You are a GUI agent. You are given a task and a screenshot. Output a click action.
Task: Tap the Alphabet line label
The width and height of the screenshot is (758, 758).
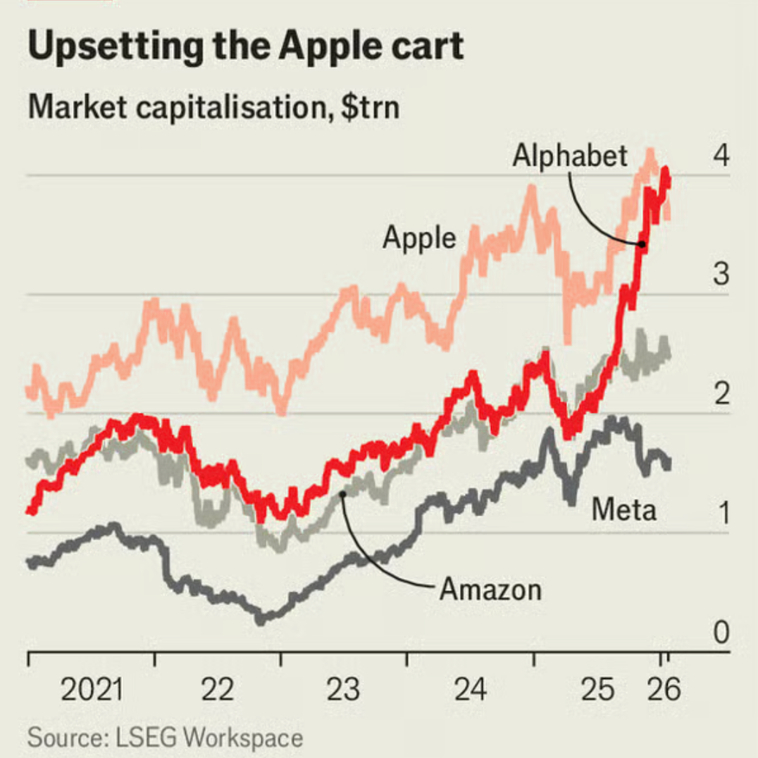tap(569, 156)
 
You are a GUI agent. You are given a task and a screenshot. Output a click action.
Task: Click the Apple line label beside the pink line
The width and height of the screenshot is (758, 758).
tap(419, 239)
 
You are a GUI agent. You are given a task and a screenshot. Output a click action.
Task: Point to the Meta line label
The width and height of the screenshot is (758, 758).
tap(623, 509)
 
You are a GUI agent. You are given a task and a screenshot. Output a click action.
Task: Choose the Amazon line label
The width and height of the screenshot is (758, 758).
tap(490, 589)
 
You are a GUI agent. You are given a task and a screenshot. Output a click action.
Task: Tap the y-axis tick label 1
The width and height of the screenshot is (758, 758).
tap(721, 515)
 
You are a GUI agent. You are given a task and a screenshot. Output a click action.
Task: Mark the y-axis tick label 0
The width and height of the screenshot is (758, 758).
tap(721, 634)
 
